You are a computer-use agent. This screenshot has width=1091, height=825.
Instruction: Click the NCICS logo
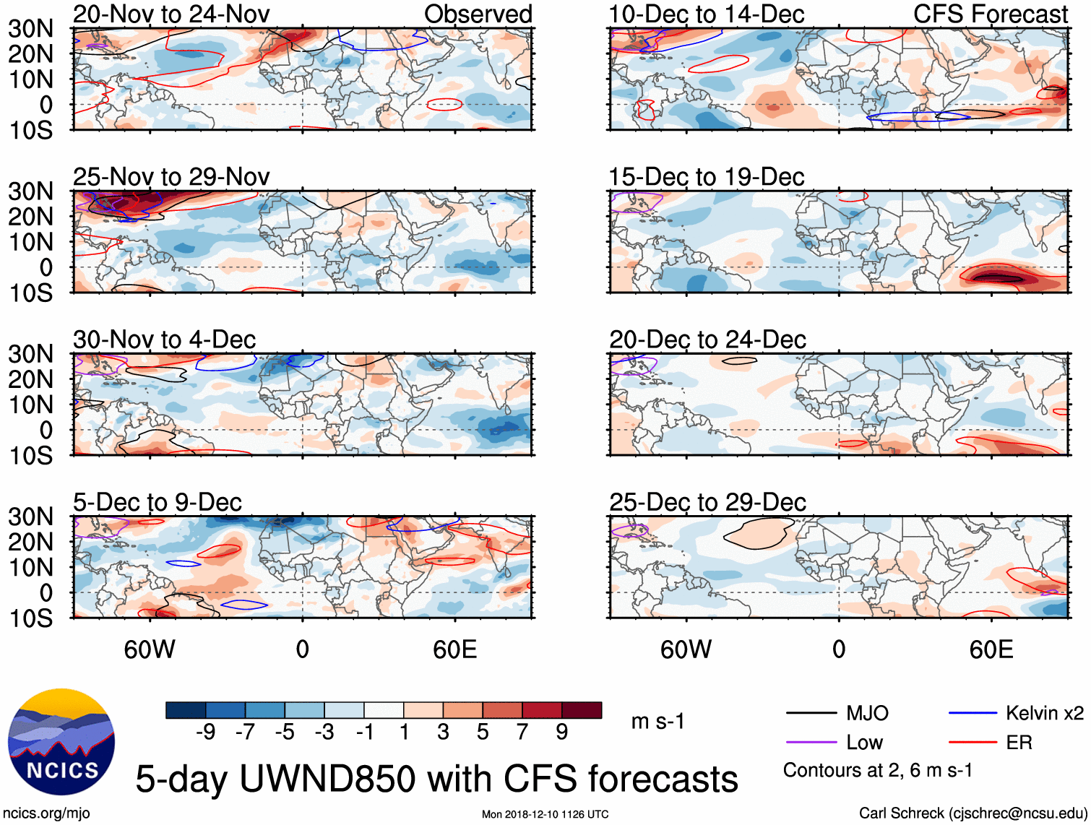pos(61,742)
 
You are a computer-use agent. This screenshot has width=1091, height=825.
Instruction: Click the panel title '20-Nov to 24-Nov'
pos(171,14)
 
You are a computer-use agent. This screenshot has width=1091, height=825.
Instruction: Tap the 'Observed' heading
pos(478,14)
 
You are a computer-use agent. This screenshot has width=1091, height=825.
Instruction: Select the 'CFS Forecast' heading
pos(990,14)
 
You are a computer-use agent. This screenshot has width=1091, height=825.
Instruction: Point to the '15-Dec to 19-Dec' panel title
pos(707,177)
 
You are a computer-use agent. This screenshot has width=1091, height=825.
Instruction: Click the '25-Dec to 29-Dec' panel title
pos(707,502)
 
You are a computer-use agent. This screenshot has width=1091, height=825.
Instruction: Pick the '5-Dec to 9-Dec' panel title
pos(158,502)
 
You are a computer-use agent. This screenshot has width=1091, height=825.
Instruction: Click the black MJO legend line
pos(811,714)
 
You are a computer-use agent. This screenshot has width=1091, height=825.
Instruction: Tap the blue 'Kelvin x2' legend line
pos(973,714)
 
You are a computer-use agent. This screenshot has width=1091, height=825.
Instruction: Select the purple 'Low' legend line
pos(811,743)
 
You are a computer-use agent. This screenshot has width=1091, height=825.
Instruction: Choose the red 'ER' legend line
pos(973,743)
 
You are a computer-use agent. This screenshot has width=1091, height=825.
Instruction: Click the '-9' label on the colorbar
pos(205,733)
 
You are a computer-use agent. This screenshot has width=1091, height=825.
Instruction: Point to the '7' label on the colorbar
pos(522,733)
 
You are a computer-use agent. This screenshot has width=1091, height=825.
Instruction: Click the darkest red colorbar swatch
pos(582,710)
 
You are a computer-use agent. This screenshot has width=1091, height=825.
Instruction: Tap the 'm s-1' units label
pos(657,721)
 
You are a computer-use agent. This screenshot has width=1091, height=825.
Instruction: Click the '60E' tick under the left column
pos(454,649)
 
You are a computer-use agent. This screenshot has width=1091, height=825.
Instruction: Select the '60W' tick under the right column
pos(686,649)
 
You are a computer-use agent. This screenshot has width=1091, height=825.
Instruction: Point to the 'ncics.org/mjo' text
pos(47,813)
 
